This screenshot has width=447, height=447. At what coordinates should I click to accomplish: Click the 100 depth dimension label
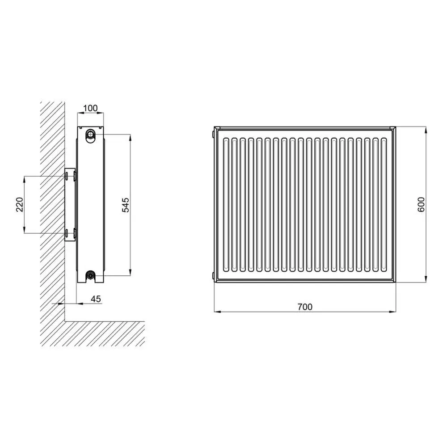point(90,108)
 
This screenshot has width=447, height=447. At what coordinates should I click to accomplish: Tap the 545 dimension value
point(126,205)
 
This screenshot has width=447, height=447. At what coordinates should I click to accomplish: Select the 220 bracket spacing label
point(20,204)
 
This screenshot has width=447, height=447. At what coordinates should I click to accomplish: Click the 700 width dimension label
point(305,307)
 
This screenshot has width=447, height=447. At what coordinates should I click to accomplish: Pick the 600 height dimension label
point(421,204)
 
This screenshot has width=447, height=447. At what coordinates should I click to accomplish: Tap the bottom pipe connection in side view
point(91,275)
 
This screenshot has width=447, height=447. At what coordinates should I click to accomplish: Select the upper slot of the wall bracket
point(67,176)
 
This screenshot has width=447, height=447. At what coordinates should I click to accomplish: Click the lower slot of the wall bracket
point(67,233)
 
